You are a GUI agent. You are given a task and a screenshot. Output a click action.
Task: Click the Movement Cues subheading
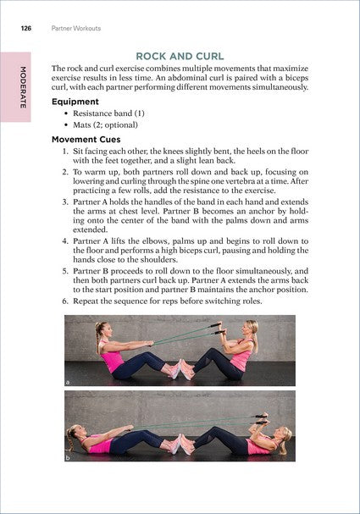(x=86, y=139)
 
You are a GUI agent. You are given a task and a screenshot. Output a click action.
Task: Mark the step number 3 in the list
(x=65, y=203)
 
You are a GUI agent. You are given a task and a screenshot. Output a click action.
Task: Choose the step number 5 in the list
(x=65, y=272)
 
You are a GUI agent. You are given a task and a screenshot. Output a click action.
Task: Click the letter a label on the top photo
(x=68, y=383)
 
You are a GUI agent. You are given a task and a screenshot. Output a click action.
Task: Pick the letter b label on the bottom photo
(x=68, y=458)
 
